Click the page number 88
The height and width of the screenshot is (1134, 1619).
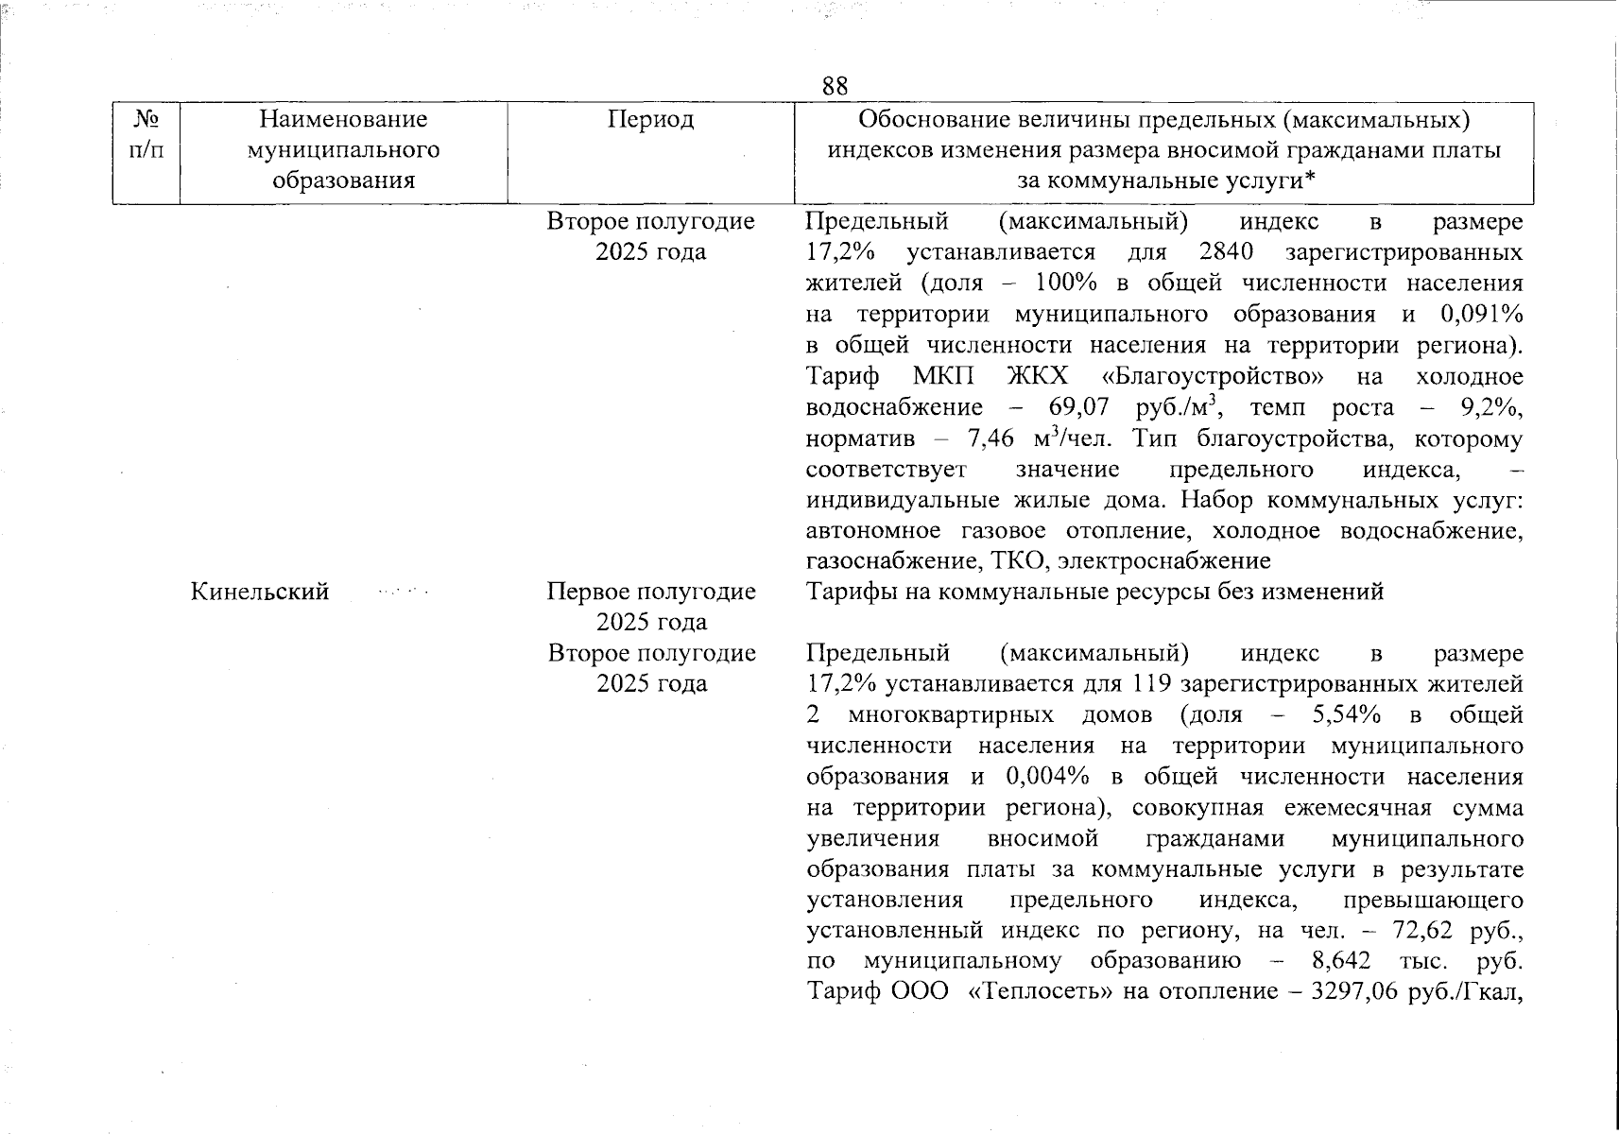coord(835,86)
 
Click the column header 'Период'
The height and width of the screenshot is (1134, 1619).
coord(650,119)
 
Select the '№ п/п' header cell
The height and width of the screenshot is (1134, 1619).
coord(146,134)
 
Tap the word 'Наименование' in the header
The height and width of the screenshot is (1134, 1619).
coord(343,119)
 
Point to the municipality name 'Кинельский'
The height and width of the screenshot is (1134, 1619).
coord(260,592)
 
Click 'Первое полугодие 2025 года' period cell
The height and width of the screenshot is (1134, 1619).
coord(651,606)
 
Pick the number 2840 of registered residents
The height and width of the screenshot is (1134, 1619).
coord(1225,252)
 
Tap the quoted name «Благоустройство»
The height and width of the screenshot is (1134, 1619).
coord(1213,376)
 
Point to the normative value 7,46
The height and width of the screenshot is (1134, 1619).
coord(990,438)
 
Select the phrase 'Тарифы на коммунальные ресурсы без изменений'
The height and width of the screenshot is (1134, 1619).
coord(1094,592)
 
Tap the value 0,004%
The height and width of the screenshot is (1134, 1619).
coord(1047,777)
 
